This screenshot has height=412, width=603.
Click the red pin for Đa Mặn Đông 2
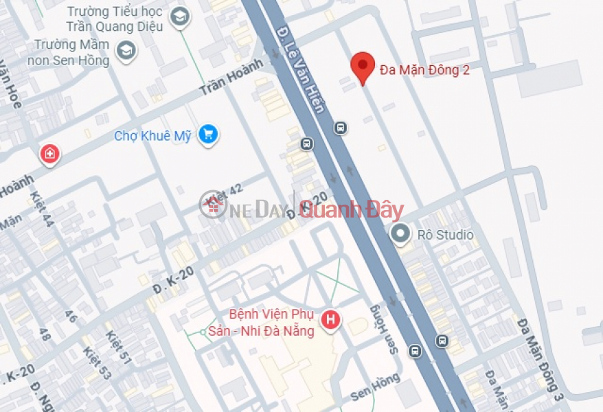pyautogui.click(x=363, y=67)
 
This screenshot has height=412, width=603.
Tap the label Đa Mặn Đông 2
pyautogui.click(x=424, y=69)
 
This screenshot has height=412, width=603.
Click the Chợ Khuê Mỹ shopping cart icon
pyautogui.click(x=207, y=134)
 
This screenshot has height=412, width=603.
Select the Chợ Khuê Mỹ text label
pyautogui.click(x=152, y=136)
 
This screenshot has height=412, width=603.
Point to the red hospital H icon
pyautogui.click(x=331, y=319)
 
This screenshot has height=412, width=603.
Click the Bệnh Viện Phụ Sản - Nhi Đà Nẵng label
pyautogui.click(x=271, y=323)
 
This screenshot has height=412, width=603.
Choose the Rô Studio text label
pyautogui.click(x=445, y=235)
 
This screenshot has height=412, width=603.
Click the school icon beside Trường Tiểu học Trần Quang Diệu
pyautogui.click(x=179, y=17)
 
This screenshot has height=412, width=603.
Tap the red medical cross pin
pyautogui.click(x=49, y=154)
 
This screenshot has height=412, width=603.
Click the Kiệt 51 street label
pyautogui.click(x=115, y=347)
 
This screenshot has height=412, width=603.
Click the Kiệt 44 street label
pyautogui.click(x=42, y=209)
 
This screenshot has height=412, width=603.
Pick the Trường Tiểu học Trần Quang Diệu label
pyautogui.click(x=115, y=20)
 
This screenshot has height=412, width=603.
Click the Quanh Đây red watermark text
pyautogui.click(x=351, y=210)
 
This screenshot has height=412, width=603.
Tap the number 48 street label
pyautogui.click(x=45, y=334)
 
